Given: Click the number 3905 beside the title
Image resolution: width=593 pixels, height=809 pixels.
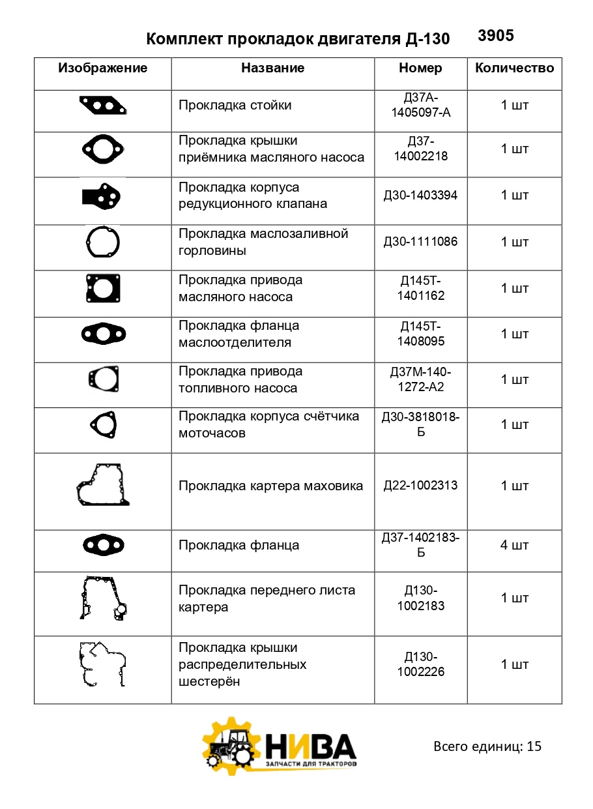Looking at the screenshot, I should (495, 36).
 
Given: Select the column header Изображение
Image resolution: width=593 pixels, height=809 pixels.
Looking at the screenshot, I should (103, 68).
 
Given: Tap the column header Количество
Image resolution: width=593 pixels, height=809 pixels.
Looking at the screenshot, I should (514, 68).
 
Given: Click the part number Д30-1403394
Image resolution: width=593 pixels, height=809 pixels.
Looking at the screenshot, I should (420, 195).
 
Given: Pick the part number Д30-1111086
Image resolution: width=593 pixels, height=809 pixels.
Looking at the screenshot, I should (420, 241).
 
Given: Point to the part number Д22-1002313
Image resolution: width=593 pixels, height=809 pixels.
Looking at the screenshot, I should (420, 485).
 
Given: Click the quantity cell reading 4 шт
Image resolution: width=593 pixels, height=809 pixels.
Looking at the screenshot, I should (514, 545).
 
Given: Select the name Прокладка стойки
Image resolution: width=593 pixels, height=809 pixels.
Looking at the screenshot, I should (235, 105).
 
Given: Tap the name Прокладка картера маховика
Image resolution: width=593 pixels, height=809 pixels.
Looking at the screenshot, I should (270, 486).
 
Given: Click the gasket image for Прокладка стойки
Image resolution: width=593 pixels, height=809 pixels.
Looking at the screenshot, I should (103, 106).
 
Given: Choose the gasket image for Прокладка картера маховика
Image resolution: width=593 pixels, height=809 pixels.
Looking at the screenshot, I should (103, 485).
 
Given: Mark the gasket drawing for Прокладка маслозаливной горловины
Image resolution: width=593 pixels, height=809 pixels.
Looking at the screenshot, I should (103, 241).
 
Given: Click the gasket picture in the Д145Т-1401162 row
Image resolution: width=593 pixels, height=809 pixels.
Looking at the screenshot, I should (103, 287).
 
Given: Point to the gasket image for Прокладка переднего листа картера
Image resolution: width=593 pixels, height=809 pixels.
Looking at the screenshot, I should (103, 598).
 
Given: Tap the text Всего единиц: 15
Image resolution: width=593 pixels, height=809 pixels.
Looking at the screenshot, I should (487, 746).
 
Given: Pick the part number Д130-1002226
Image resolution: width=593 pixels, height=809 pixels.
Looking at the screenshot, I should (420, 664).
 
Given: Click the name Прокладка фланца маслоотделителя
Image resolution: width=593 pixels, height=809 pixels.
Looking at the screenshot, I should (239, 334).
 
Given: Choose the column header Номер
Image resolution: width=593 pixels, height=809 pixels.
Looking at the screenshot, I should (420, 68).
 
